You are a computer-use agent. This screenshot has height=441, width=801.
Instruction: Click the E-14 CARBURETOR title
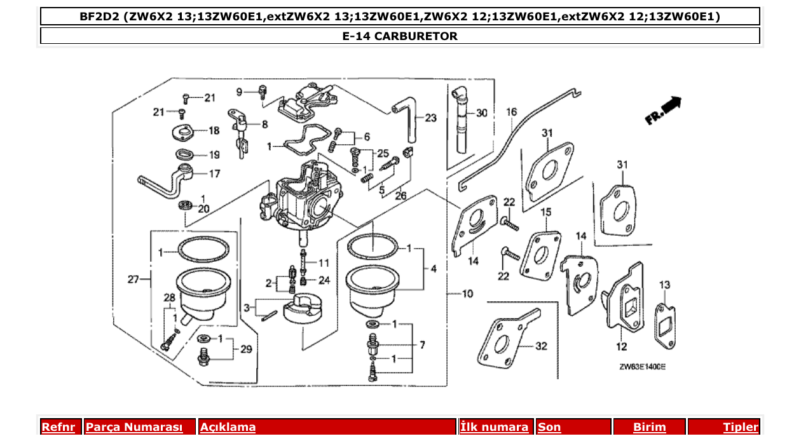pos(400,36)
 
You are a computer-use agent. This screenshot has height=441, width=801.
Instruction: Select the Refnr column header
pos(58,427)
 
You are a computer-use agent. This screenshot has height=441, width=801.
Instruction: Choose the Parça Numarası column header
pos(133,427)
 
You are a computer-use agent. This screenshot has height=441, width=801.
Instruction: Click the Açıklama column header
pos(228,427)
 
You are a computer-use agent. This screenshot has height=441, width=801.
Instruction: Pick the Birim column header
pos(649,427)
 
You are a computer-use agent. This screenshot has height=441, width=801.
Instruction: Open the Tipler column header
pos(740,427)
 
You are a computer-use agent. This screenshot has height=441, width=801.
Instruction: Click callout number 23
pos(430,118)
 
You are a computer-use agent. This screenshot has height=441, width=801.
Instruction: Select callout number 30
pos(481,113)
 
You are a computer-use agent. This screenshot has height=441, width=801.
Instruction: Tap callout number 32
pos(540,346)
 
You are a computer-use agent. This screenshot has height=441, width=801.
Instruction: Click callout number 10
pos(467,294)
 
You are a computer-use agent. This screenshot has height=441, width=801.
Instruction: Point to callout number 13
pos(664,285)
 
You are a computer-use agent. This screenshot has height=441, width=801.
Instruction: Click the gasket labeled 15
pos(540,254)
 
